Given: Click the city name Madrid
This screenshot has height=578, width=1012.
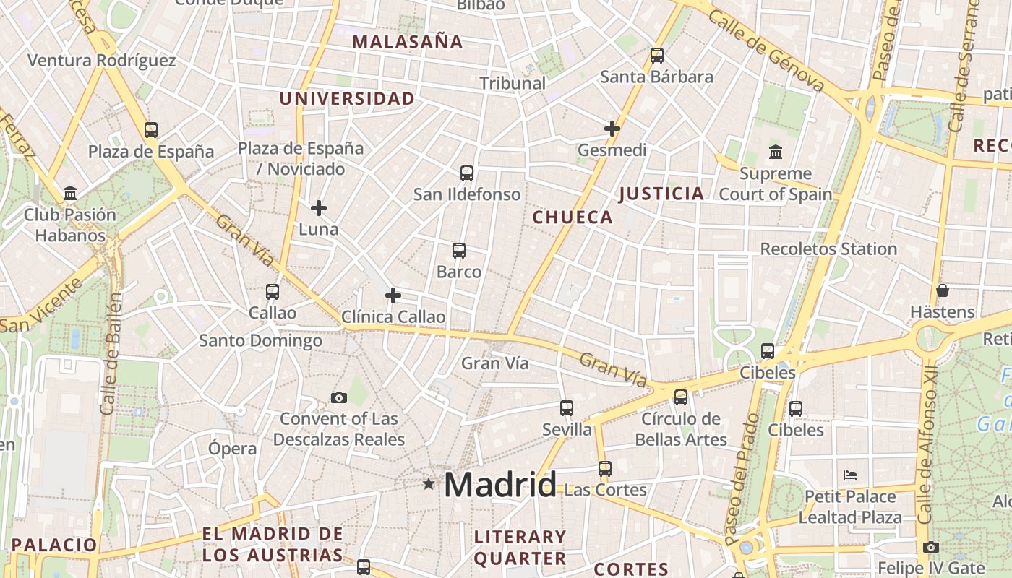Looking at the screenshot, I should [500, 484].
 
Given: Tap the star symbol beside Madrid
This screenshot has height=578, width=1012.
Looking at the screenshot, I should [429, 483].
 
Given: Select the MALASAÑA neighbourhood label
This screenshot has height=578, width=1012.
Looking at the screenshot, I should [408, 42].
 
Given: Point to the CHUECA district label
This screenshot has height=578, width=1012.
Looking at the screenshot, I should [573, 217].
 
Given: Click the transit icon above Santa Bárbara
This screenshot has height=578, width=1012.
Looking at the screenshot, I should [656, 55].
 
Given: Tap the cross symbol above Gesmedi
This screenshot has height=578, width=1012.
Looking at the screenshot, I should [612, 129].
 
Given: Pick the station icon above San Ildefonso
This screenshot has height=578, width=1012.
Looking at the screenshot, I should [467, 173].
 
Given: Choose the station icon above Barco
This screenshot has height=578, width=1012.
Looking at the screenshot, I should [459, 251].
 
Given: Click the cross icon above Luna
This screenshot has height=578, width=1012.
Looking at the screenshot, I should [319, 208].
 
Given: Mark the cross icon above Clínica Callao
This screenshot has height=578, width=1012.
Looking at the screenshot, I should [393, 296].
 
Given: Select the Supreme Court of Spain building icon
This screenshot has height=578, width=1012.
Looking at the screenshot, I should [776, 152].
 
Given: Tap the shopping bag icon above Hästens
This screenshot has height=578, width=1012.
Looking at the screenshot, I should [943, 291].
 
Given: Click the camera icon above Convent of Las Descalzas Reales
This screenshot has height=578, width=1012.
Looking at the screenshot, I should [338, 397].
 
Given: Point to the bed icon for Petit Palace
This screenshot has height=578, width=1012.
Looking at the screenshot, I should [850, 475].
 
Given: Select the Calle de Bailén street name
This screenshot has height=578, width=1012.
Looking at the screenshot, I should [110, 354].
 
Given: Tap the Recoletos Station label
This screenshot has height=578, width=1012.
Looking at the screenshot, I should [828, 249].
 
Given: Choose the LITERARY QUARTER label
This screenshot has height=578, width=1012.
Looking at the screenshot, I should [520, 548].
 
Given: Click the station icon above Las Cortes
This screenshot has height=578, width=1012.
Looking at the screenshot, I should [605, 468].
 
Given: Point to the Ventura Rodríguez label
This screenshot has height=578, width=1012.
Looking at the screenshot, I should [102, 60].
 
